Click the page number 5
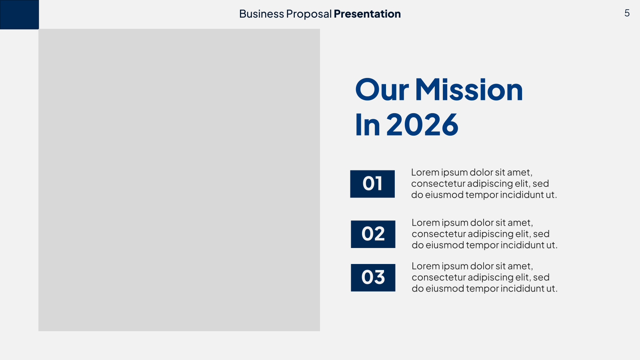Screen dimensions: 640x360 coord(627,13)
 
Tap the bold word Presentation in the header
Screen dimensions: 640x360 coord(367,14)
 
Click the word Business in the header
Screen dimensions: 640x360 coord(262,14)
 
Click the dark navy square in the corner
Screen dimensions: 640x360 coord(20,14)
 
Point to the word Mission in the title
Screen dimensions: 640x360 coord(468,90)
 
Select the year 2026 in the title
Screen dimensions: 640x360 coord(422,124)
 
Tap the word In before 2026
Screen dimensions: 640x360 coord(368,124)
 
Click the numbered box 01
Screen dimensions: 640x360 coord(372,184)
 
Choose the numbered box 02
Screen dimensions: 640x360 coord(373,234)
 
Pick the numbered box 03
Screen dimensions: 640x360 coord(373,278)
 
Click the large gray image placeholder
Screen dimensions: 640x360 coord(179,180)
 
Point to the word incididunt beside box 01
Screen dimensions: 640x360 coord(522,194)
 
